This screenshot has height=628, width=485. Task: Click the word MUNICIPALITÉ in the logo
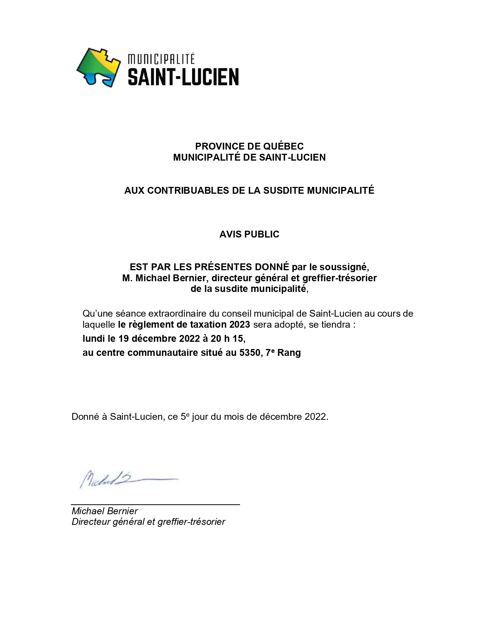tap(161, 59)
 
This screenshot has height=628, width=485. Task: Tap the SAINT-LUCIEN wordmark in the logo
tap(183, 77)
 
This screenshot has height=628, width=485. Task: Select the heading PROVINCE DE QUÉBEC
tap(249, 146)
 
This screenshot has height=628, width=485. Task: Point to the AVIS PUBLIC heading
tap(249, 234)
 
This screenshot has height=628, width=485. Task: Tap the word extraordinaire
tap(176, 314)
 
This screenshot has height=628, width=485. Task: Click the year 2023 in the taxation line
tap(240, 325)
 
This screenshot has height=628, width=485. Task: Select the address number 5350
tap(250, 353)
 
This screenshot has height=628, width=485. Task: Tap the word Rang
tap(289, 353)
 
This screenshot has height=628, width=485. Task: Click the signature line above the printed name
tap(155, 504)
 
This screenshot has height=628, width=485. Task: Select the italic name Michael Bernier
tap(105, 511)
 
